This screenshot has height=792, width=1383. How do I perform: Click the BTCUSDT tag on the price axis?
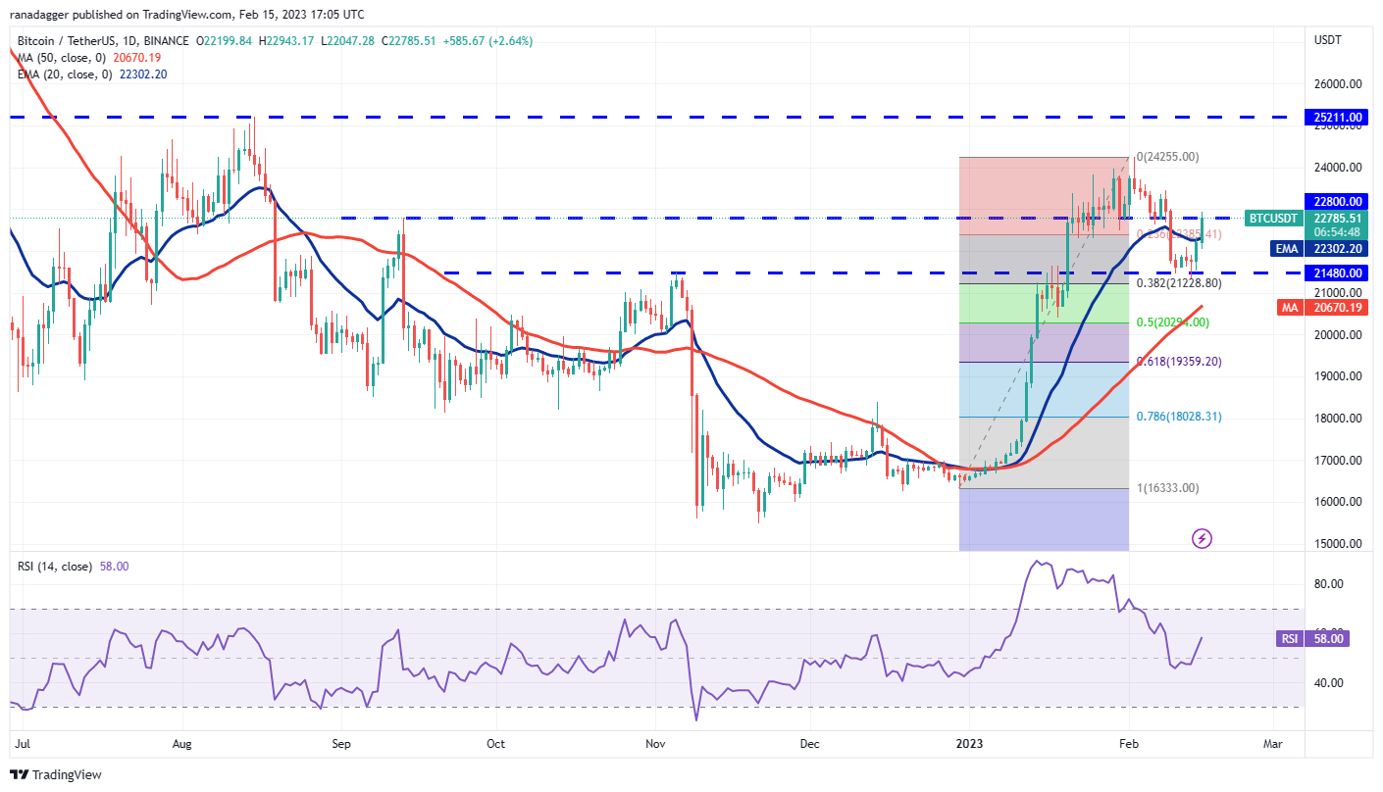(1273, 218)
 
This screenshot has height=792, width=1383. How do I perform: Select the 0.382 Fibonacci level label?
(1179, 283)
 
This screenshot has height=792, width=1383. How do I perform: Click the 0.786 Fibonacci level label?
(1179, 417)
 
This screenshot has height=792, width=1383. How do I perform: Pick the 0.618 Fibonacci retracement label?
(1179, 362)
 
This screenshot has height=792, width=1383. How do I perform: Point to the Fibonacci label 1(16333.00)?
(1168, 488)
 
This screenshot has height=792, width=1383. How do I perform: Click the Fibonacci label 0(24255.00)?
(1167, 157)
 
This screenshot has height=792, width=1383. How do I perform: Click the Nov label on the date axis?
(656, 744)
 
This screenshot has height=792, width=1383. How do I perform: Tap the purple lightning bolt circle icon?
(1202, 538)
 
